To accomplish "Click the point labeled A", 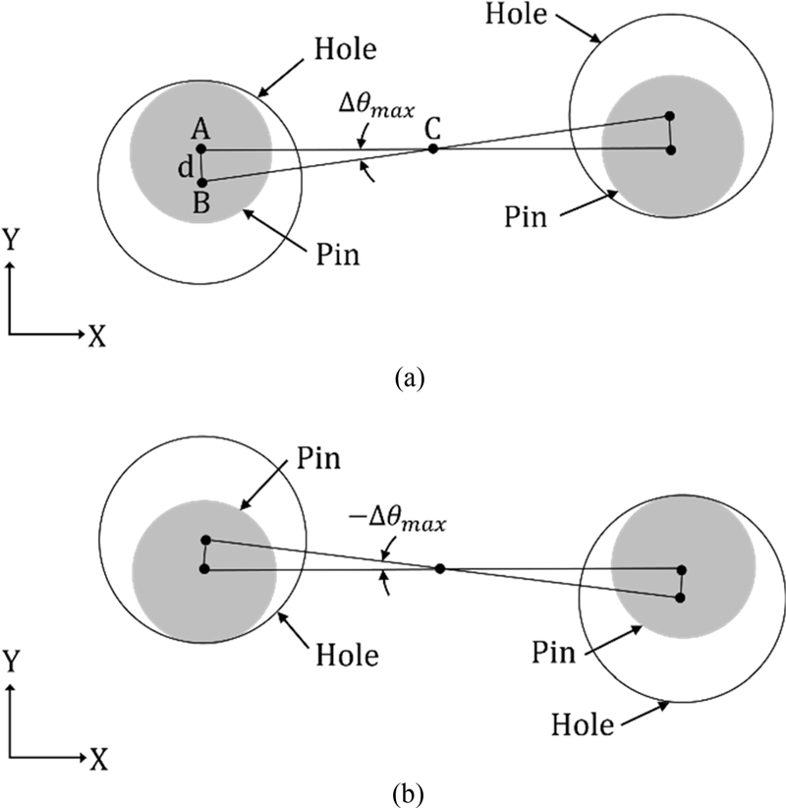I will pos(201,149).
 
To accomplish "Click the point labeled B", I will pos(201,182).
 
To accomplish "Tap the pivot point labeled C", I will pos(433,149).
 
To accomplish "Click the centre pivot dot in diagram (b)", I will pos(439,568).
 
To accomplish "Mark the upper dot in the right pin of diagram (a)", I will pos(669,116).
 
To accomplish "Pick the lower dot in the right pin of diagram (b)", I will pos(680,597).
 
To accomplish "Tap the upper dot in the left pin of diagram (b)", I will pos(205,540).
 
